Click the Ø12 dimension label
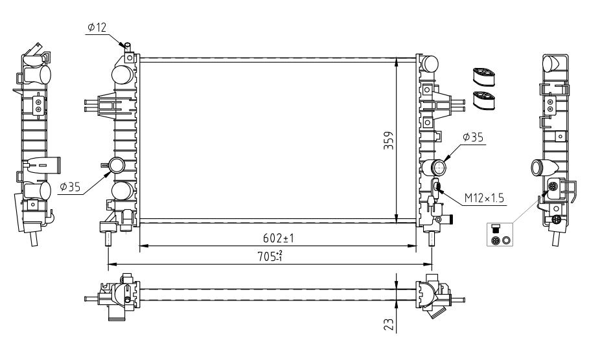coord(97,27)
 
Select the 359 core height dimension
coord(389,141)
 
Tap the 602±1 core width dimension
coord(278,238)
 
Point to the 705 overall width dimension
coord(270,256)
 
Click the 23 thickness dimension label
coord(389,324)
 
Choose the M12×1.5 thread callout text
coord(484,198)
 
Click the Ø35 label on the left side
coord(70,186)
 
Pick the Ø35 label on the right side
coord(473,137)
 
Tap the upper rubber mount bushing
coord(484,76)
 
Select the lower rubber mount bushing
coord(484,100)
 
